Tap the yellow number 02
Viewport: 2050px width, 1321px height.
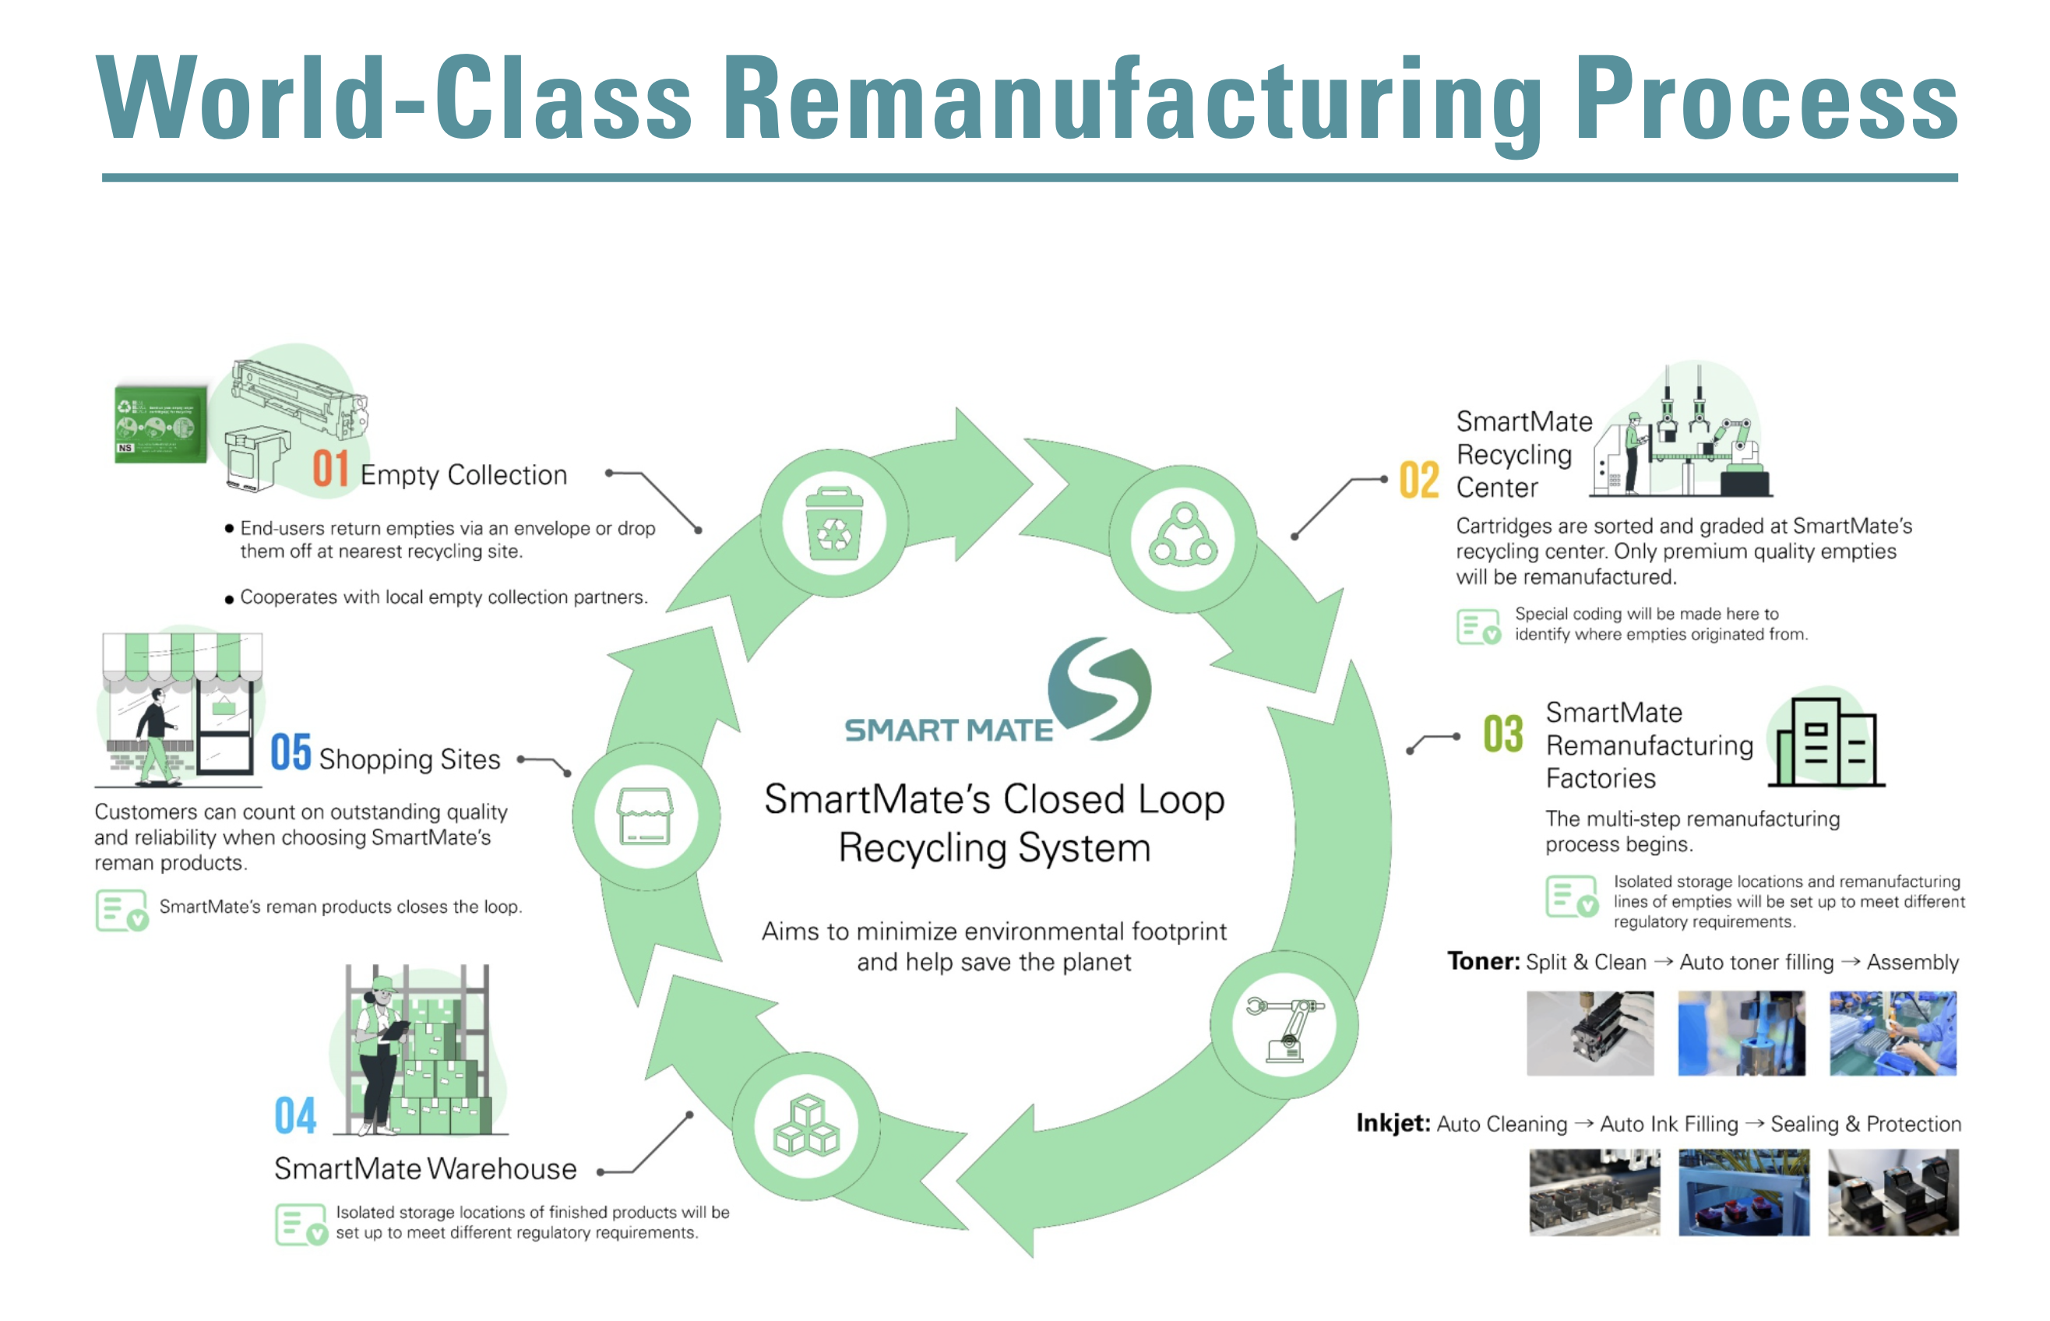tap(1418, 480)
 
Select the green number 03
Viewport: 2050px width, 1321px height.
tap(1502, 734)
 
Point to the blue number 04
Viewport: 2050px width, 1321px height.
tap(295, 1115)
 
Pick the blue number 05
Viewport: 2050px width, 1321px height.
tap(290, 752)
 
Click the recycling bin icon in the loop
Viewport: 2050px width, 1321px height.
tap(833, 524)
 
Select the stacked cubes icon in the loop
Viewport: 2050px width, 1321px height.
tap(806, 1125)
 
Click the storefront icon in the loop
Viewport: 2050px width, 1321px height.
tap(645, 815)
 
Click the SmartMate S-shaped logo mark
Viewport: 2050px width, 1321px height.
tap(1100, 689)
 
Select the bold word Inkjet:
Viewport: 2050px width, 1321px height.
tap(1393, 1123)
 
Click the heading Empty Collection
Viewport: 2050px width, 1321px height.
tap(464, 475)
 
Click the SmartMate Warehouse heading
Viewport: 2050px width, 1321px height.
tap(425, 1169)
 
